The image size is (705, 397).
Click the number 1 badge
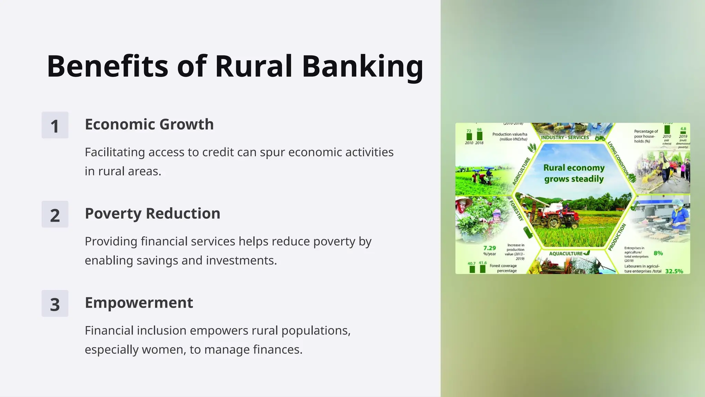pyautogui.click(x=55, y=125)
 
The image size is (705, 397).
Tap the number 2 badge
pyautogui.click(x=55, y=215)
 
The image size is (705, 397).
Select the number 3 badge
pyautogui.click(x=55, y=304)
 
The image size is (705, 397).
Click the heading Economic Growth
pyautogui.click(x=149, y=124)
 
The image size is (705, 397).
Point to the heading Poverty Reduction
pyautogui.click(x=152, y=214)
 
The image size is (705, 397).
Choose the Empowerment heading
pyautogui.click(x=139, y=303)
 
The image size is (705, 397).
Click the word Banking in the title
pyautogui.click(x=362, y=67)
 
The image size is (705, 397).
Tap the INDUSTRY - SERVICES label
pyautogui.click(x=565, y=138)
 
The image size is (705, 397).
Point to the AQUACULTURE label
pyautogui.click(x=566, y=254)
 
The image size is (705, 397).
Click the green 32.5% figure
pyautogui.click(x=674, y=271)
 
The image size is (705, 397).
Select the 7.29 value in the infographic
pyautogui.click(x=490, y=248)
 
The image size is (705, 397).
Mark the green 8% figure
pyautogui.click(x=658, y=253)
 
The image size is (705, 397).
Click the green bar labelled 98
pyautogui.click(x=480, y=136)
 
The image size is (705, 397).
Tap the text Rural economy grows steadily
pyautogui.click(x=574, y=173)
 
